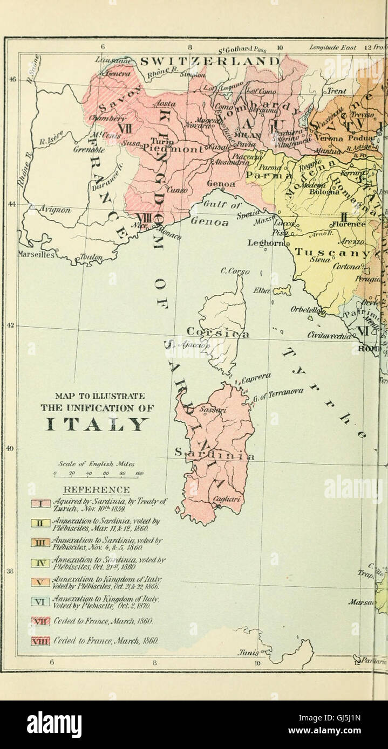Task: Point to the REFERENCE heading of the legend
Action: (x=97, y=490)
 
